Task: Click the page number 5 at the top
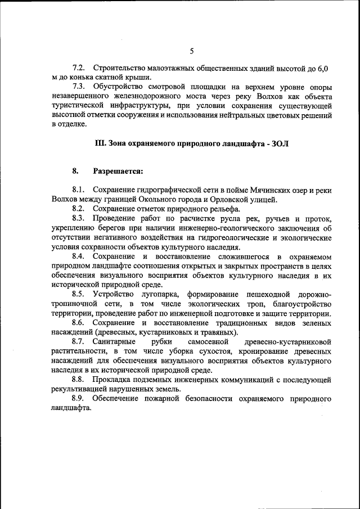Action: click(191, 51)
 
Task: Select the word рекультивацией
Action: click(79, 389)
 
